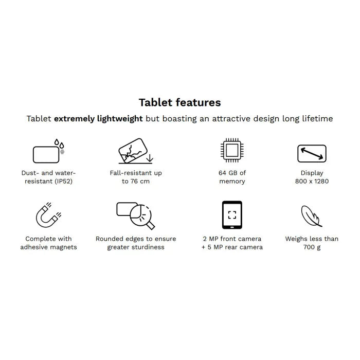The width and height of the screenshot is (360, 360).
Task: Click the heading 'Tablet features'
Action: point(180,102)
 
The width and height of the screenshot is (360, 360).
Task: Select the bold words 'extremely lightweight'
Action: point(98,119)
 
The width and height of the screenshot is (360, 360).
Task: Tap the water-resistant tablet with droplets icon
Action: point(49,151)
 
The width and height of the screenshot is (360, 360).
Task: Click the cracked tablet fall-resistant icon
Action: point(136,151)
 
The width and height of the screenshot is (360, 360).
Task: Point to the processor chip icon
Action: point(232,150)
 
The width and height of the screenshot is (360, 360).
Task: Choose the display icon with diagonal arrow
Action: point(312,153)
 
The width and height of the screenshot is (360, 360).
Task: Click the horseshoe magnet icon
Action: point(48,215)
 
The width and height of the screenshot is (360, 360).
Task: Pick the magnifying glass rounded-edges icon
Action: point(136,215)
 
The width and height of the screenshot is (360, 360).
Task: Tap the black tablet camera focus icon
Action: point(232,215)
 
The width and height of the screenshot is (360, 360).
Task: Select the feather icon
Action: point(311,216)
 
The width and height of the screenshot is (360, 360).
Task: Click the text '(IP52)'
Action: point(64,182)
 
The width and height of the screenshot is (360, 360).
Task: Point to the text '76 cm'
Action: point(140,182)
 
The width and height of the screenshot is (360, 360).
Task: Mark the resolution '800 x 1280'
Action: point(312,182)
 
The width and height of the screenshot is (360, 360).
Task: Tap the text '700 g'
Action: point(312,247)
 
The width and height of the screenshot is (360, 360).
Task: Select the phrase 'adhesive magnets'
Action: point(48,247)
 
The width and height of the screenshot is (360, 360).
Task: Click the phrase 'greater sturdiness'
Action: point(136,247)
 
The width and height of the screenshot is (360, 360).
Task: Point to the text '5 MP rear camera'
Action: point(235,247)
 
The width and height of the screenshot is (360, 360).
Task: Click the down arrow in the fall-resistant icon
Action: point(150,158)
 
